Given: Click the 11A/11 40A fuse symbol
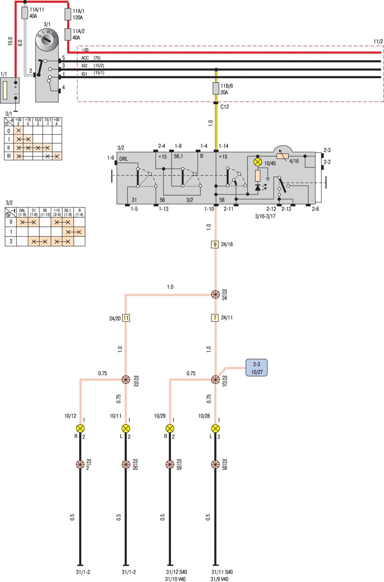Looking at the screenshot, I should tap(25, 13).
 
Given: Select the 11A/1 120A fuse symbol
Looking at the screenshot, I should tap(68, 14).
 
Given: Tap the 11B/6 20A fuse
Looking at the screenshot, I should tap(216, 88).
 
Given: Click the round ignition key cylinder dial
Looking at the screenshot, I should tap(47, 39).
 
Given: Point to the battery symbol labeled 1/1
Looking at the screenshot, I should tap(10, 90).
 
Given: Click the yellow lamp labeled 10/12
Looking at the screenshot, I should tap(80, 428).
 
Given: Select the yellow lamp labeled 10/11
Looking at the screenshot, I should tap(126, 428).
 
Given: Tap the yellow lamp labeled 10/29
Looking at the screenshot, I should tap(170, 428).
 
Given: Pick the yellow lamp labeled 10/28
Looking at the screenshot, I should tap(215, 428).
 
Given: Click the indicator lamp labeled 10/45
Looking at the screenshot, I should tap(258, 162).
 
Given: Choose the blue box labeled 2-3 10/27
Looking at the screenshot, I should tap(256, 368).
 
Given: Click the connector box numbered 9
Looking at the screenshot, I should tap(215, 244).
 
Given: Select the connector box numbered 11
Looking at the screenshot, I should tap(126, 318).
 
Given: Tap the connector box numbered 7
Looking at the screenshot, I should tap(215, 317).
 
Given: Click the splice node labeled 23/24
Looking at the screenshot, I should tap(215, 295).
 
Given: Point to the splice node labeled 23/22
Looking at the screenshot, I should tap(126, 379).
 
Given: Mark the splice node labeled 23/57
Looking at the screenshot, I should tap(215, 379).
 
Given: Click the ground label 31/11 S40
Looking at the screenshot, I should tap(222, 572).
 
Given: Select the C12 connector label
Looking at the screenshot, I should tap(224, 107).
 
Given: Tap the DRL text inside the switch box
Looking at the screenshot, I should tap(124, 159).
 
